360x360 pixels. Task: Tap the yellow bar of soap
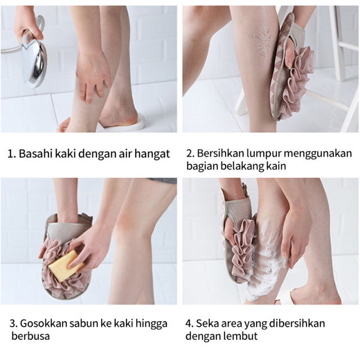(x=65, y=265)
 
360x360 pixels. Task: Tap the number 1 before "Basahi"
(x=11, y=154)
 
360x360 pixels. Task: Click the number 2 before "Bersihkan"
(x=190, y=154)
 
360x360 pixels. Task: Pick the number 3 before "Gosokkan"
(x=13, y=323)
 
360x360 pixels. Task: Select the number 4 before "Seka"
(x=189, y=323)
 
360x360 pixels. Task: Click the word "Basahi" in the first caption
(x=35, y=154)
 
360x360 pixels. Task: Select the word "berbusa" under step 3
(x=30, y=336)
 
